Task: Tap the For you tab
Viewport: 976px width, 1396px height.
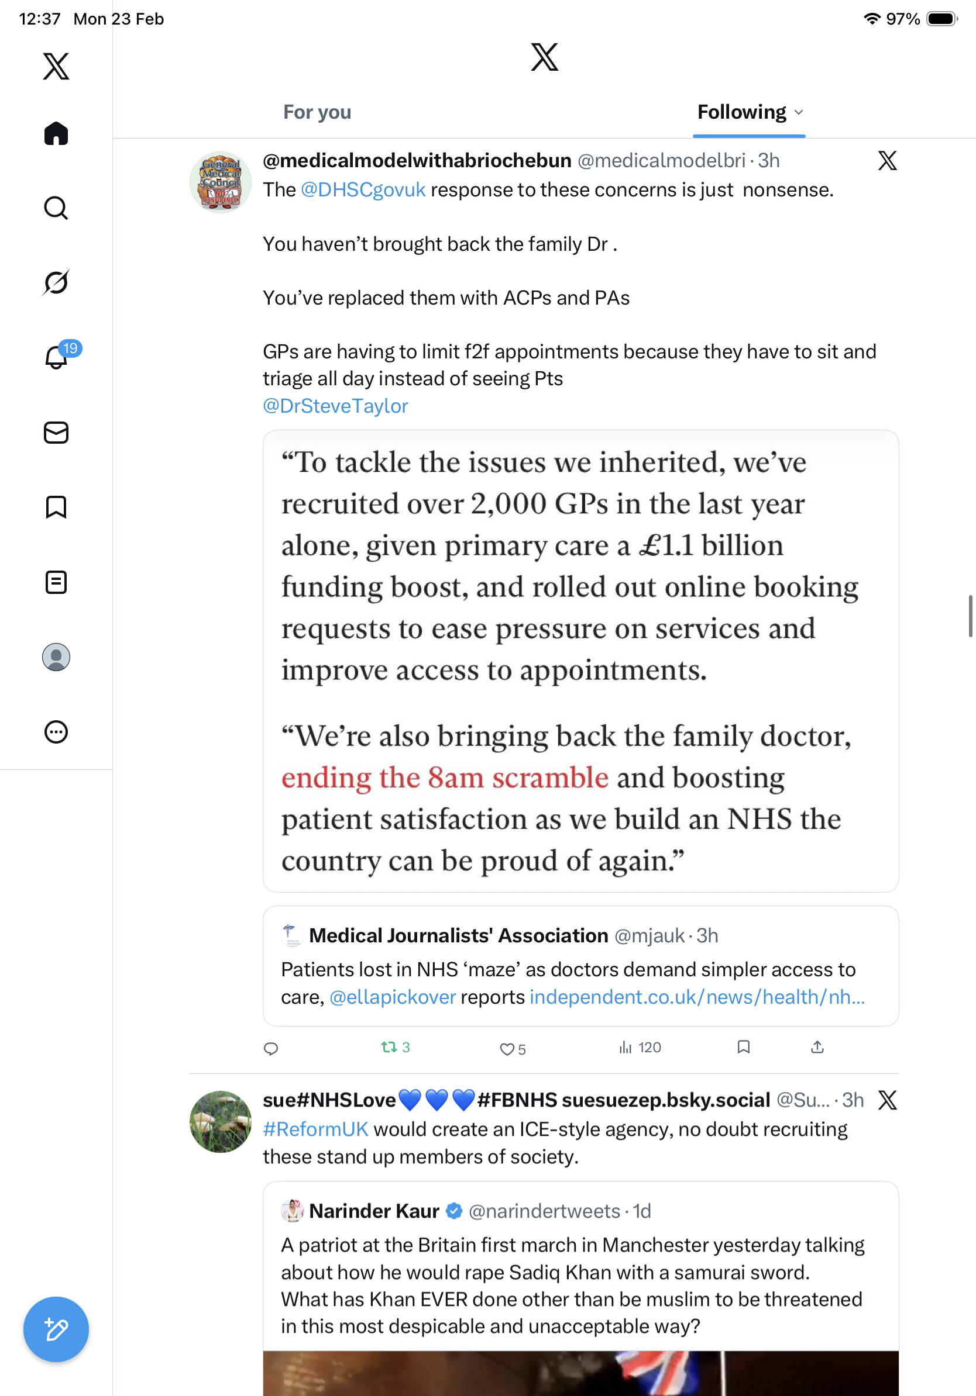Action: (317, 112)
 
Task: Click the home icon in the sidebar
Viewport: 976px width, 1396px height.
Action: (56, 134)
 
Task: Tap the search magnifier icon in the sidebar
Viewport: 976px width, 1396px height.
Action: (56, 208)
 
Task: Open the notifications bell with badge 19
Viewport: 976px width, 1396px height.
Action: (57, 357)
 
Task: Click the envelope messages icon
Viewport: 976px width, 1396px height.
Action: (56, 433)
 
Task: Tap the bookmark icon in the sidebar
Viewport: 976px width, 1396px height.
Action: (56, 507)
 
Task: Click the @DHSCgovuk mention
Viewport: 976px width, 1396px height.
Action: (363, 191)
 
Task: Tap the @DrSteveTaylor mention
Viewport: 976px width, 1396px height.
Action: (335, 406)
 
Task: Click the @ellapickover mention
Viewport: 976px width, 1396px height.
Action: (393, 997)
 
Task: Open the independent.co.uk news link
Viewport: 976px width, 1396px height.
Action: (697, 997)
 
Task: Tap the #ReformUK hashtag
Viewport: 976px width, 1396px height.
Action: (315, 1129)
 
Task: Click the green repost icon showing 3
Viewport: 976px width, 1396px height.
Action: (389, 1047)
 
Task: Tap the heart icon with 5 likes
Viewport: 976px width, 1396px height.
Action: (506, 1049)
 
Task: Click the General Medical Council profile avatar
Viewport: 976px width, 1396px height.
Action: (220, 182)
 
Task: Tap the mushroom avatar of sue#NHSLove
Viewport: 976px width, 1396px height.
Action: (220, 1122)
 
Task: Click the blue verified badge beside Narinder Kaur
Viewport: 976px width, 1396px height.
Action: (454, 1211)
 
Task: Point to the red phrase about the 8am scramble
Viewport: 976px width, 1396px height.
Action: (444, 778)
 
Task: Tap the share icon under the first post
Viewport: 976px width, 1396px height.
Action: (817, 1047)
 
